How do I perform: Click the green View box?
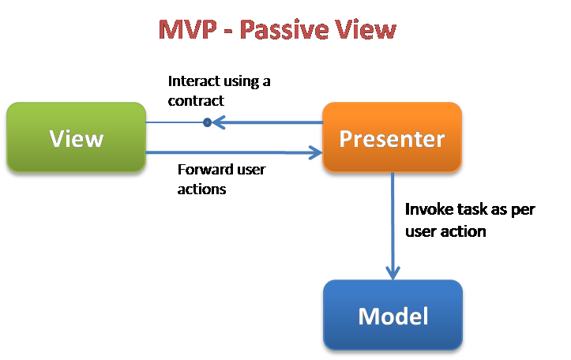[x=76, y=137]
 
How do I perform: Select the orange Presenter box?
[x=393, y=137]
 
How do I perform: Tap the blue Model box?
[x=393, y=315]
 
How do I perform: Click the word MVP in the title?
[x=188, y=29]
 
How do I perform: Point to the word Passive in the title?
[x=284, y=29]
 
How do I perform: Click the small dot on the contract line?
[x=207, y=122]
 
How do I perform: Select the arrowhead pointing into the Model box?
[x=393, y=273]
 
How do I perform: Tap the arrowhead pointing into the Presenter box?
[x=315, y=152]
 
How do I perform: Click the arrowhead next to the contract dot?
[x=219, y=122]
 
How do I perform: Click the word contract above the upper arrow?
[x=196, y=101]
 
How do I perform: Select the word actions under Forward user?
[x=201, y=189]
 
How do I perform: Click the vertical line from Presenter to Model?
[x=393, y=226]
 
